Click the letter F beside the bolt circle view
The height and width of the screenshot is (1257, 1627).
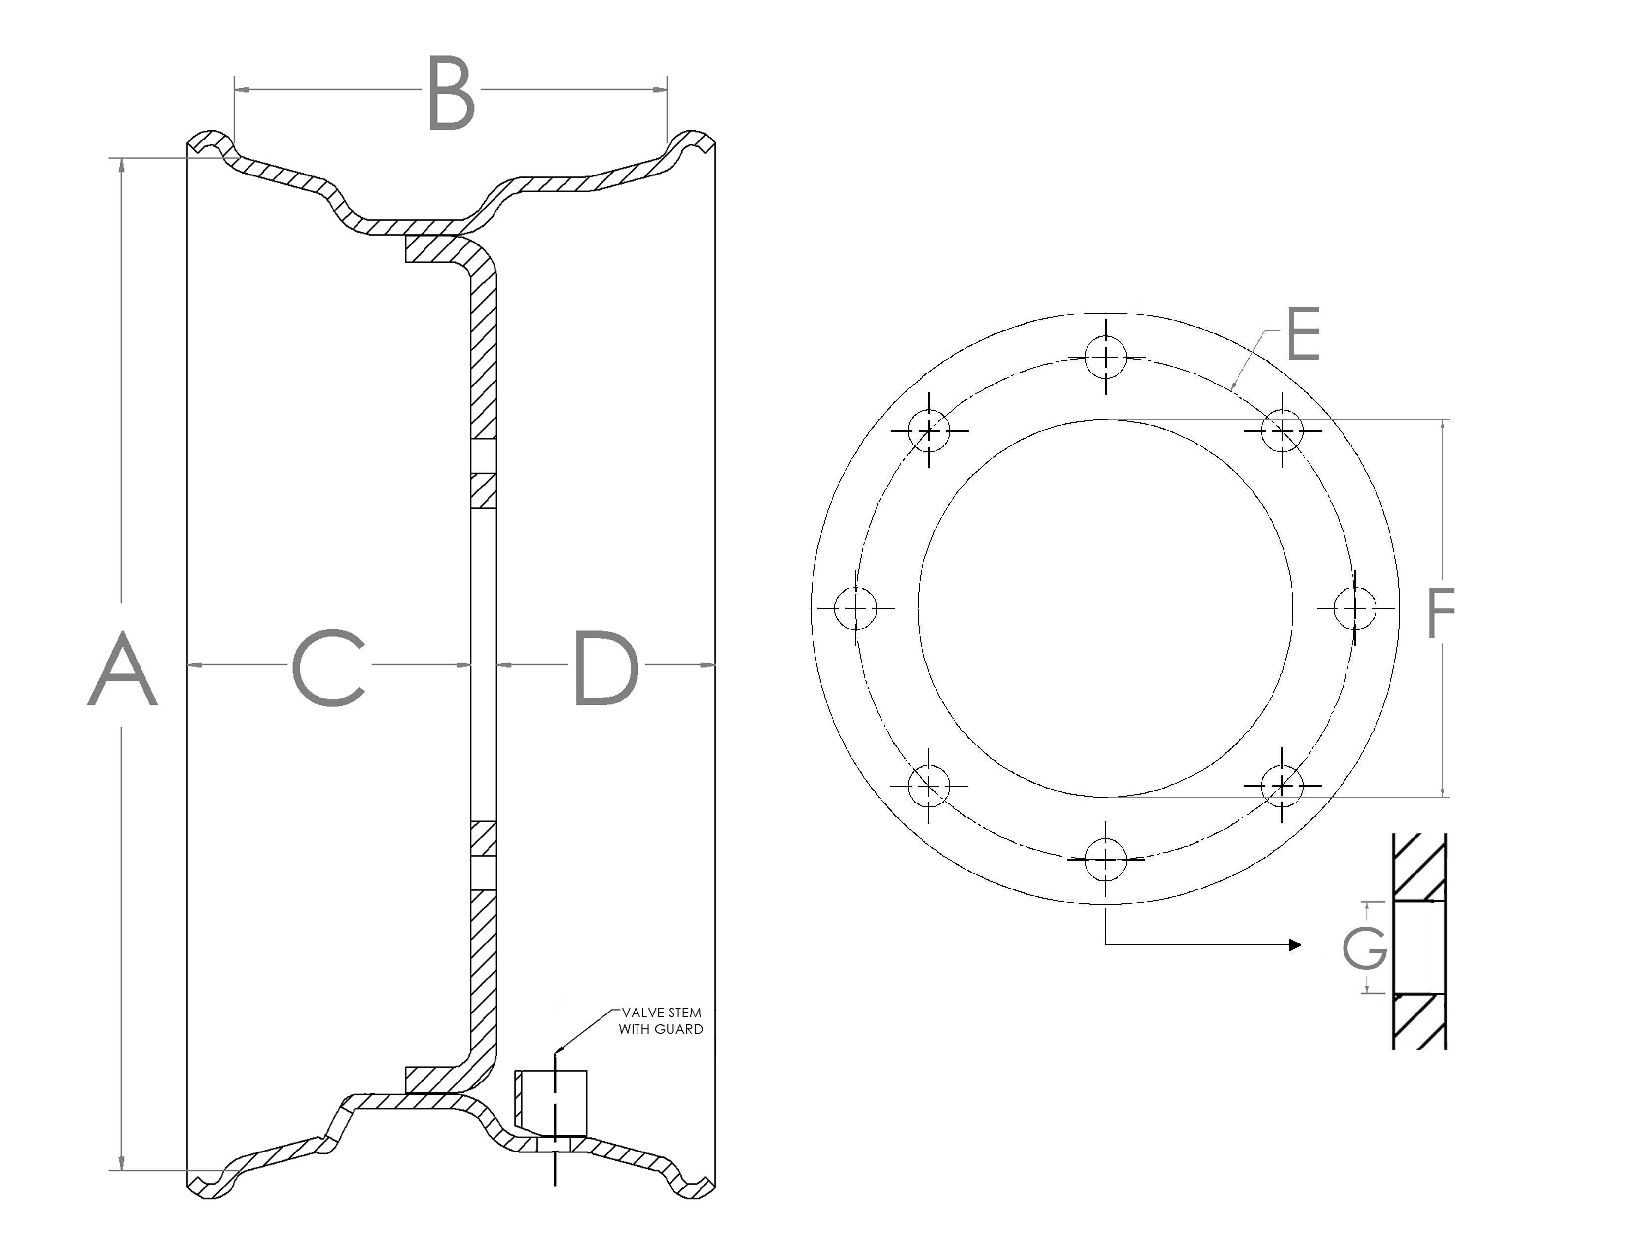[1441, 613]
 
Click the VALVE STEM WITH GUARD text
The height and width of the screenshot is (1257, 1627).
[661, 1021]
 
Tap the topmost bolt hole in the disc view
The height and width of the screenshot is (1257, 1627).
[1106, 357]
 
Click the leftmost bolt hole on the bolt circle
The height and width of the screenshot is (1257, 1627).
[856, 608]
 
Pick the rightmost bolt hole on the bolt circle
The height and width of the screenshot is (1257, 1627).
[1355, 608]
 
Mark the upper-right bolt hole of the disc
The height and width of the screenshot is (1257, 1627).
[1282, 430]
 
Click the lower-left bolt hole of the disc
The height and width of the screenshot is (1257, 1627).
[929, 786]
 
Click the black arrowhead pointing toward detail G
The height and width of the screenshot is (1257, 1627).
[1295, 945]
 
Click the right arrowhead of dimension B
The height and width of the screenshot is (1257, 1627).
[661, 90]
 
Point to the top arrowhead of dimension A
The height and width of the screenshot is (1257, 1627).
[122, 165]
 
